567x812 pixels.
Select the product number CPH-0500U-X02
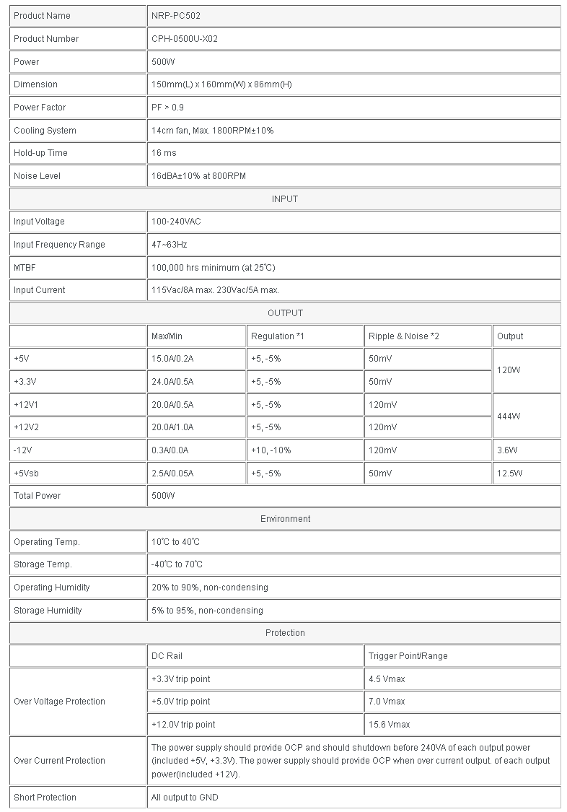pos(185,39)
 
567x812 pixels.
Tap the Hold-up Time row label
pos(39,153)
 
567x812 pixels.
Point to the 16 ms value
pos(164,153)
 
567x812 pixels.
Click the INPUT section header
pos(285,199)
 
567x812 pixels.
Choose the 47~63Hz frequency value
pos(170,245)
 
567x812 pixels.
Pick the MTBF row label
pos(25,268)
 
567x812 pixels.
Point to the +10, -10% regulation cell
pos(271,450)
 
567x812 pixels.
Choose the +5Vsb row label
pos(27,473)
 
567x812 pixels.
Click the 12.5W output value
pos(509,473)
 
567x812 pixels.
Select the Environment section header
pos(285,519)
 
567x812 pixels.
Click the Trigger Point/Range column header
pos(408,656)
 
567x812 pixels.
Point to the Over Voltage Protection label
pos(59,702)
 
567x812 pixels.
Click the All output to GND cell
pos(185,798)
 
